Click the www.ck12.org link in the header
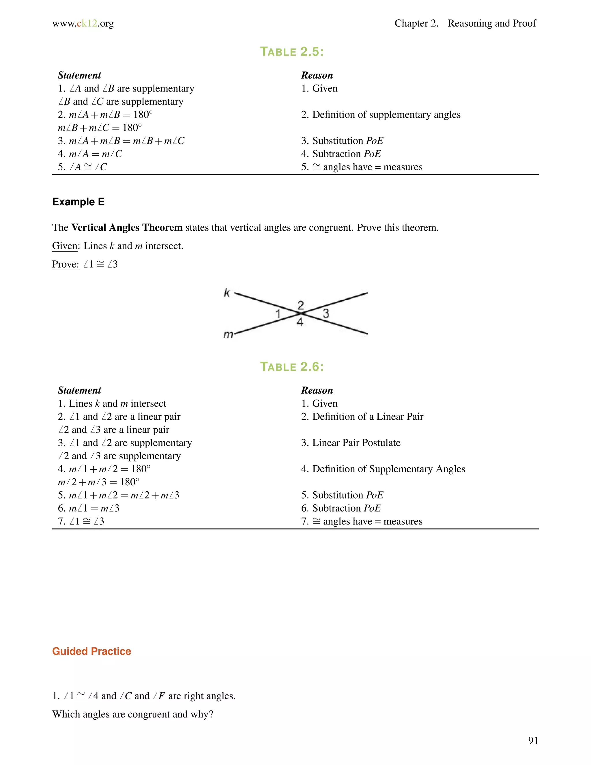coord(83,23)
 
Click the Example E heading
coord(78,202)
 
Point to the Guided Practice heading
coord(91,651)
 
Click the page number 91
coord(533,740)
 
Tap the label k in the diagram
coord(227,292)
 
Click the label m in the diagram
coord(228,335)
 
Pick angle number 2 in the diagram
coord(300,305)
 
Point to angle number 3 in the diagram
coord(326,313)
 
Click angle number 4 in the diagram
coord(300,322)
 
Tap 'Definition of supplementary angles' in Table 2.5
coord(381,115)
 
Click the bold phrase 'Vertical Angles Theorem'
coord(127,228)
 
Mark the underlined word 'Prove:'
coord(66,264)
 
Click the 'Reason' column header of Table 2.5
coord(317,75)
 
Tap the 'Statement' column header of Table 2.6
coord(79,390)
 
